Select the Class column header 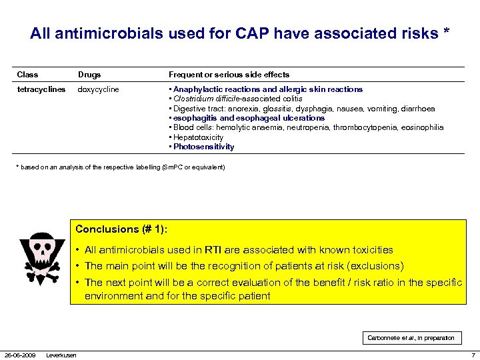(27, 75)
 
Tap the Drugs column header (89, 75)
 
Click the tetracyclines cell (41, 89)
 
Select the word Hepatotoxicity (197, 137)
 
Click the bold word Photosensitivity (203, 147)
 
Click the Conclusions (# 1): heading (121, 229)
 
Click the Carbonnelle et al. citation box (411, 338)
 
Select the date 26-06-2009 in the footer (20, 355)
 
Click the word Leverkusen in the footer (61, 355)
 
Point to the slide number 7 (473, 355)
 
